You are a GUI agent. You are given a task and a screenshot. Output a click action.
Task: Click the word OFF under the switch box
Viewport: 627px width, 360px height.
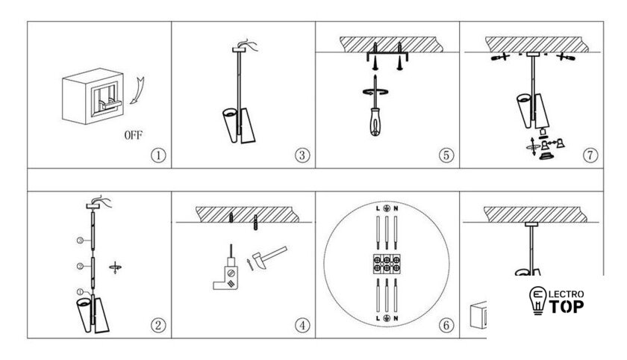point(133,135)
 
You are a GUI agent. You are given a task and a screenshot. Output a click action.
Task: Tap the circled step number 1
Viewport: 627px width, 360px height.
point(158,155)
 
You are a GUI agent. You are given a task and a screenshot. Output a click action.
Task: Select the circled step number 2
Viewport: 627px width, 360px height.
point(158,325)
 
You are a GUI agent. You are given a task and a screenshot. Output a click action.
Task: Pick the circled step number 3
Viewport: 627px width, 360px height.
point(302,155)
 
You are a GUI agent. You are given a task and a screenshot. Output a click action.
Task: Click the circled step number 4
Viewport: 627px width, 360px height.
point(302,325)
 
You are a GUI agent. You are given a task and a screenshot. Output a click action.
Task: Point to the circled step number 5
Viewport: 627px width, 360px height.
point(446,155)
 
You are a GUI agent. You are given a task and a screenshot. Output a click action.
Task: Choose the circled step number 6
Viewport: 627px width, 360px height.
point(446,325)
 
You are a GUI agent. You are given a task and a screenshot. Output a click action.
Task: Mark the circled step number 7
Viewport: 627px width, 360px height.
point(590,155)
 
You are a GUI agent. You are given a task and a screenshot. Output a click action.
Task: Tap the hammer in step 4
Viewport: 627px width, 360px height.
point(269,256)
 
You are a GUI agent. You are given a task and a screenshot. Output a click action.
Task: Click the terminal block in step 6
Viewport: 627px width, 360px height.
point(387,264)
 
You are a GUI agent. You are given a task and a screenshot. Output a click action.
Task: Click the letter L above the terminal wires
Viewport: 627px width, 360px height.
point(378,208)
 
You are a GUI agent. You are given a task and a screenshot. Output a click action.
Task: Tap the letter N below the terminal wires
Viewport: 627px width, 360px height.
point(396,318)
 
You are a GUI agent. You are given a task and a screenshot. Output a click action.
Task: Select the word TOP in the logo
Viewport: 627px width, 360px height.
point(567,307)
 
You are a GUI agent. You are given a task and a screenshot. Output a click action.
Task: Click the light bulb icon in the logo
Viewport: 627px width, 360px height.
point(538,300)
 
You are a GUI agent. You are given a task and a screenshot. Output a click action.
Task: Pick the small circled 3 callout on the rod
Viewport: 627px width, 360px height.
point(80,240)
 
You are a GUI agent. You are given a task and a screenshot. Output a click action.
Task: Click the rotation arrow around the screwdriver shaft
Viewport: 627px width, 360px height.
point(375,92)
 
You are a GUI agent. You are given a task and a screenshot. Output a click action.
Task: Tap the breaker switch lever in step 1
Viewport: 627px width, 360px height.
point(110,105)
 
